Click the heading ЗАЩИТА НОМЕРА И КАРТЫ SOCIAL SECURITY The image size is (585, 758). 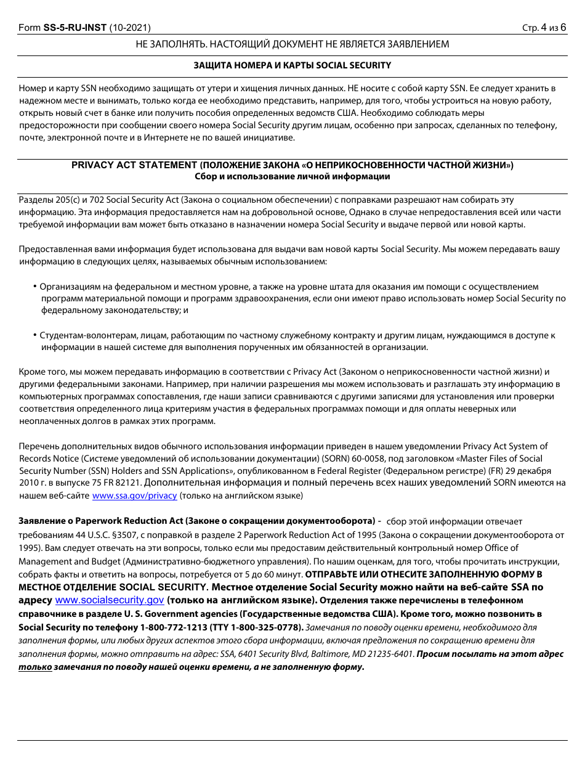292,65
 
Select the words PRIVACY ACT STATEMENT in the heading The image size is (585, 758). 134,165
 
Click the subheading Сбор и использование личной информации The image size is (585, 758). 292,176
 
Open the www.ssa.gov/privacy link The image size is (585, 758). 134,495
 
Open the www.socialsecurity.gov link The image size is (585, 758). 110,600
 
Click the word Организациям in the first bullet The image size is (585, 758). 68,287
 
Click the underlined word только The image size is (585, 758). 35,667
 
